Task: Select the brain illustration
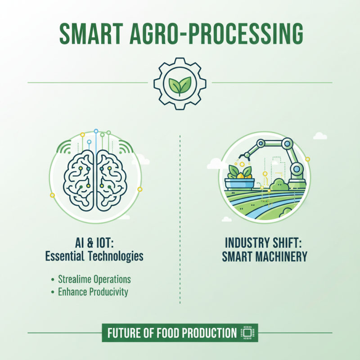[95, 178]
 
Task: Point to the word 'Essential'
[67, 256]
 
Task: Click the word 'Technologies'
[118, 256]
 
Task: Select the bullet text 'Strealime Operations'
[94, 279]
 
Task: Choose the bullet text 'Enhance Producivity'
[93, 292]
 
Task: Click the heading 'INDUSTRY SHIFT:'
[265, 243]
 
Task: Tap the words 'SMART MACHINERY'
[265, 256]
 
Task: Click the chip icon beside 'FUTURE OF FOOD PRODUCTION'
[246, 333]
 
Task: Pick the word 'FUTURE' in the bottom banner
[125, 333]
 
